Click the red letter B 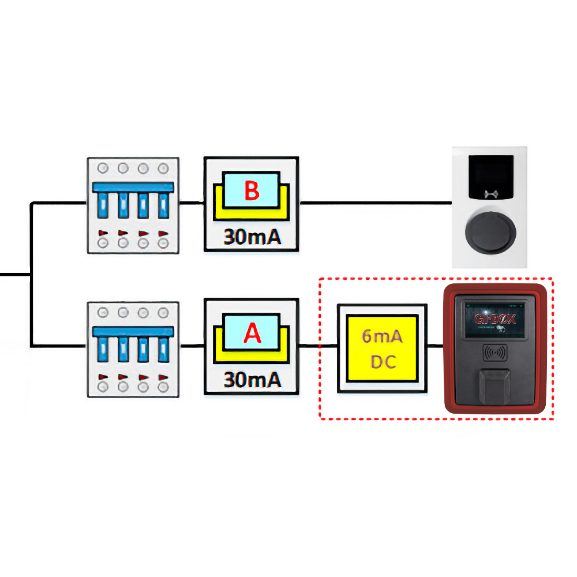pyautogui.click(x=252, y=191)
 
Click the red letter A pyautogui.click(x=252, y=333)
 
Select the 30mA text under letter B pyautogui.click(x=252, y=237)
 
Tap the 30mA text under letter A pyautogui.click(x=252, y=380)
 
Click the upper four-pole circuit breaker pyautogui.click(x=133, y=205)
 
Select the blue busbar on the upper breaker pyautogui.click(x=133, y=188)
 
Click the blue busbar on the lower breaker pyautogui.click(x=133, y=331)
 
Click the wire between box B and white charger pyautogui.click(x=375, y=203)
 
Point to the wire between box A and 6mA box pyautogui.click(x=318, y=346)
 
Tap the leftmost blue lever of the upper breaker pyautogui.click(x=104, y=205)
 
